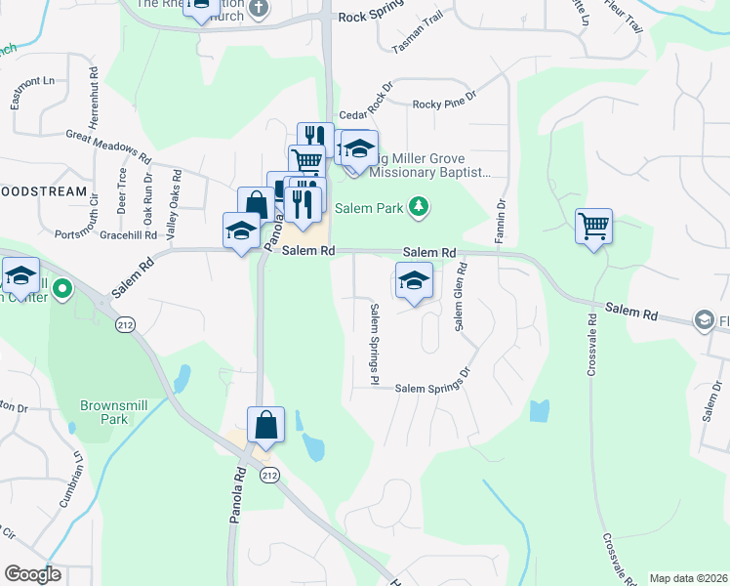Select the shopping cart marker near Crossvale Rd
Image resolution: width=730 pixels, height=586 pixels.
pyautogui.click(x=593, y=227)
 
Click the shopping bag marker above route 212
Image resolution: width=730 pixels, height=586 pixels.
pyautogui.click(x=265, y=426)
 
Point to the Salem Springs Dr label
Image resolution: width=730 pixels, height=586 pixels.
pyautogui.click(x=432, y=389)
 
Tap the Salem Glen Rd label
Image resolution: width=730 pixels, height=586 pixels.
pyautogui.click(x=458, y=296)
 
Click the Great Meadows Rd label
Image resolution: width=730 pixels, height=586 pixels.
pyautogui.click(x=109, y=146)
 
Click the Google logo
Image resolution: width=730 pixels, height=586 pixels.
pyautogui.click(x=32, y=574)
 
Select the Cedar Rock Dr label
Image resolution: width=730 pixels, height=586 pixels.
pyautogui.click(x=365, y=104)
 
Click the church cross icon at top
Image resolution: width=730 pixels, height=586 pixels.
pyautogui.click(x=259, y=9)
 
